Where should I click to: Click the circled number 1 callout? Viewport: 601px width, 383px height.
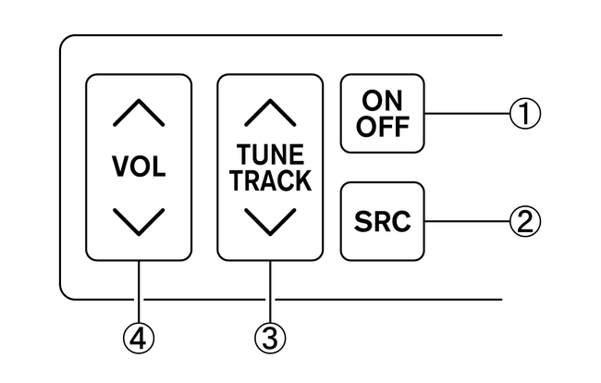click(523, 114)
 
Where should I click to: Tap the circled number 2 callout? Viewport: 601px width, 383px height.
click(523, 222)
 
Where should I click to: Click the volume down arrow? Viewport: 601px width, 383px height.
click(140, 221)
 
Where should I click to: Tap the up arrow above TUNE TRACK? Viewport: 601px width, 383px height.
click(271, 111)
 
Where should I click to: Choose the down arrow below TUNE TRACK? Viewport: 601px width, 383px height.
click(271, 221)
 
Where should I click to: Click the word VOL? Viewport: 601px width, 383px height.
click(139, 167)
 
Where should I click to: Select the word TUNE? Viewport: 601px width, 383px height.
click(271, 154)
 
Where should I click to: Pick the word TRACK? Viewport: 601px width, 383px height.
click(271, 180)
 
